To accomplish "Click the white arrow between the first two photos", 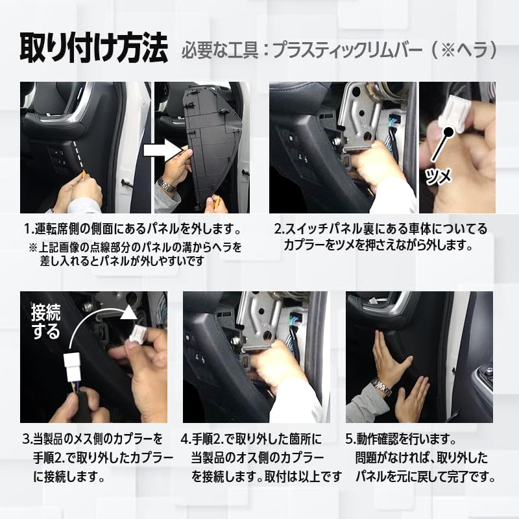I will coord(162,151).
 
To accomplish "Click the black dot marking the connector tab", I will coord(448,132).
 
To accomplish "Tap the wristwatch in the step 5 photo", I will coord(382,388).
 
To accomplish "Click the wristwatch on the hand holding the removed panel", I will coord(167,185).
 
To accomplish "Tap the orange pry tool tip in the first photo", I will coord(84,174).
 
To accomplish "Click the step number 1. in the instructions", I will coord(29,230).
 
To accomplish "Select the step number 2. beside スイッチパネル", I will coord(278,230).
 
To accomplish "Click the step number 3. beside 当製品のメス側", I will coord(27,439).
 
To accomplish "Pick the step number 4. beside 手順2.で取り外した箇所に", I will coord(186,439).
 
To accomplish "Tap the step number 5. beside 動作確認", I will coord(351,439).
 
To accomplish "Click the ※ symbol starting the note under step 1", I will coord(34,247).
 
